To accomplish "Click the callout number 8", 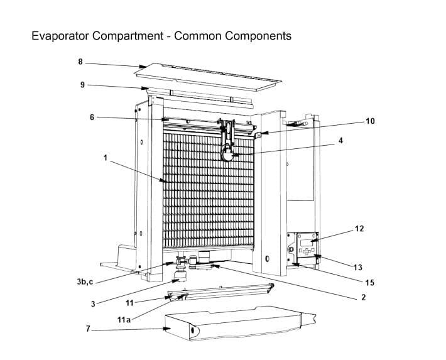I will (80, 62).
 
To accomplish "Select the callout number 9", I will (82, 85).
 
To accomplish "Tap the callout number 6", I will (92, 117).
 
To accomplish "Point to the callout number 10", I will (370, 121).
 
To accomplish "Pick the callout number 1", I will (105, 158).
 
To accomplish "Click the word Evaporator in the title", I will (62, 36).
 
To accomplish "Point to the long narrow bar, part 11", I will (220, 290).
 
